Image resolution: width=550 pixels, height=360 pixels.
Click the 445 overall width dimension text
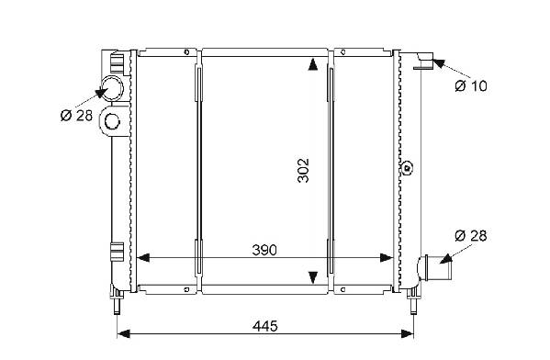coord(264,326)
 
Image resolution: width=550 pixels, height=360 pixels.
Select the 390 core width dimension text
coord(264,250)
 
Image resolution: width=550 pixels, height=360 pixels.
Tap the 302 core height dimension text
coord(303,171)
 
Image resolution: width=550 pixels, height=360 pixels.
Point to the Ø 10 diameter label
coord(471,85)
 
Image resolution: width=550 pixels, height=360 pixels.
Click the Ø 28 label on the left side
coord(76,115)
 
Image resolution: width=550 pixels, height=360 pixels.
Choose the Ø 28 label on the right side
coord(471,236)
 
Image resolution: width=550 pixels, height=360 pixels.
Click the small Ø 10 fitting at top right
coord(425,61)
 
